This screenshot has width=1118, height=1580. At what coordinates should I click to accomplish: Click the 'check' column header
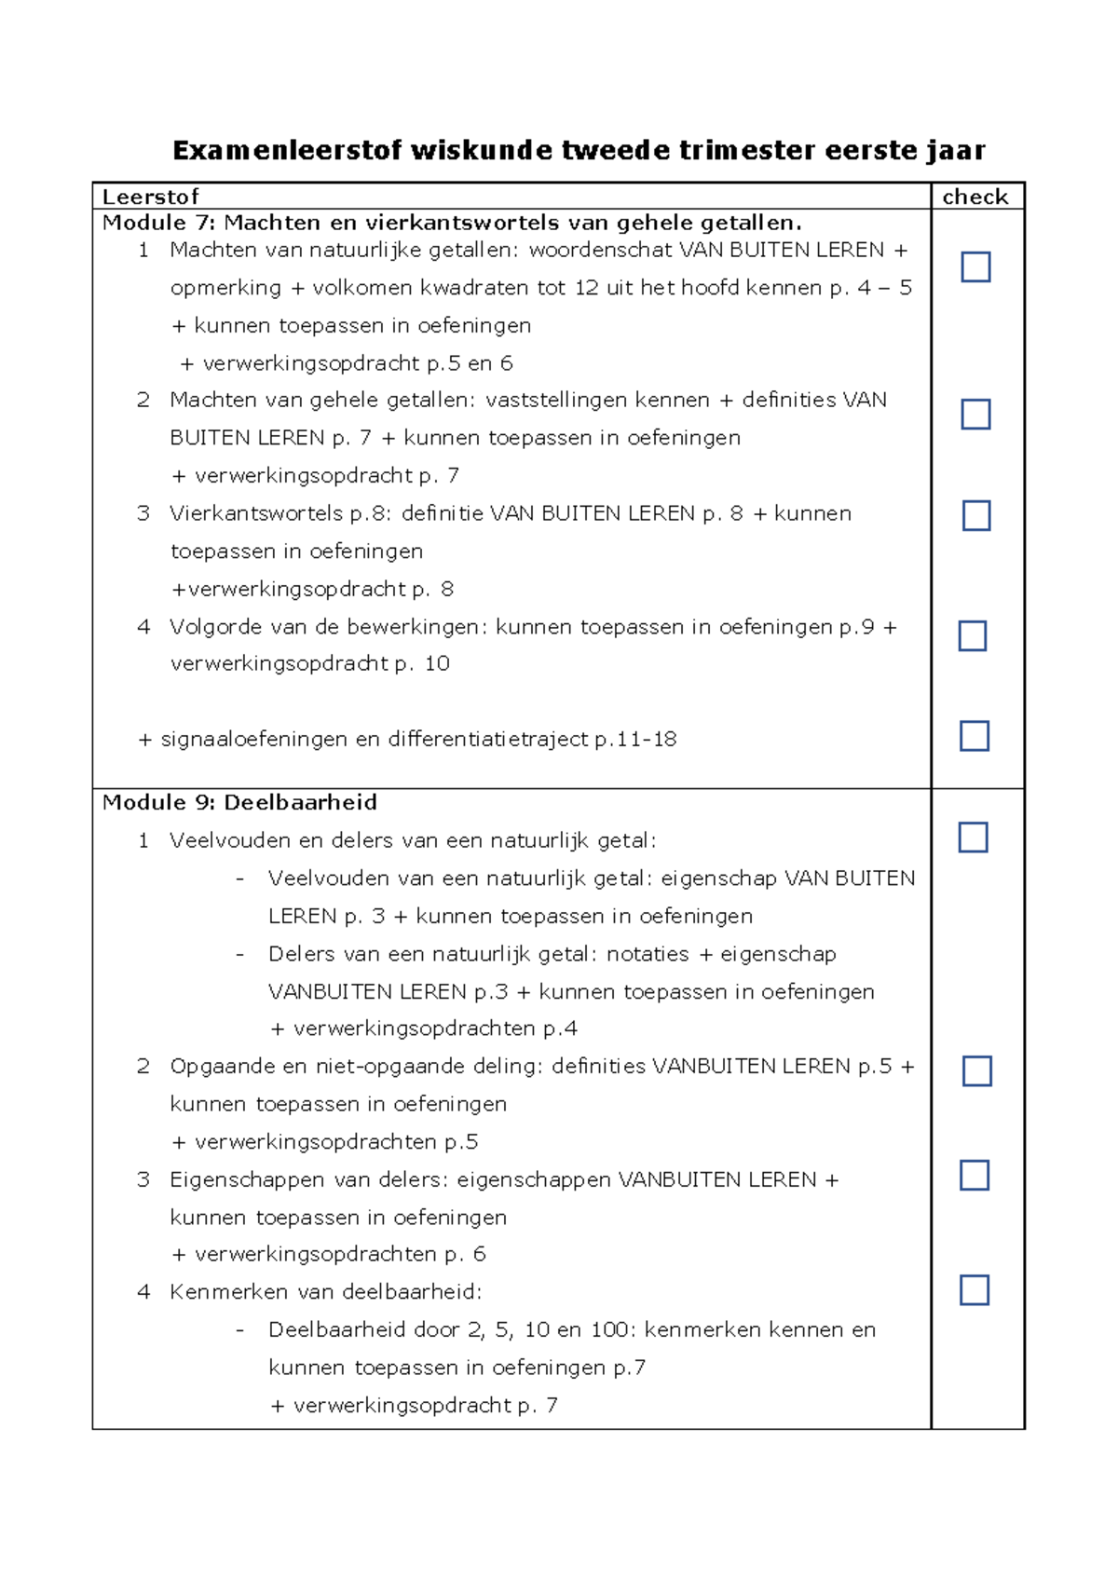(975, 197)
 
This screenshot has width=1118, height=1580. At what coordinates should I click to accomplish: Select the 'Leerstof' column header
(150, 197)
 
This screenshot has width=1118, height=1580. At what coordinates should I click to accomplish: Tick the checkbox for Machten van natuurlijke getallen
(975, 267)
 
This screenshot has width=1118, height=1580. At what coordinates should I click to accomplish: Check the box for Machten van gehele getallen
(975, 415)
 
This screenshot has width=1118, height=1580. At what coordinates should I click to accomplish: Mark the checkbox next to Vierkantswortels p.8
(975, 516)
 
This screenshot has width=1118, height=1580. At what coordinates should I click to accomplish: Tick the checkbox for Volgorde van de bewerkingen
(973, 636)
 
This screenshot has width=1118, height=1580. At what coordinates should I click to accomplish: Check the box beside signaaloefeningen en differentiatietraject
(974, 736)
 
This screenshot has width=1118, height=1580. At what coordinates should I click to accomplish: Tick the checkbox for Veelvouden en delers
(973, 838)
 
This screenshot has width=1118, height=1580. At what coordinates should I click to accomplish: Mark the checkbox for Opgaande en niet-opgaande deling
(976, 1071)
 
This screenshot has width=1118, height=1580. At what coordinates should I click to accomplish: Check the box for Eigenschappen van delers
(975, 1176)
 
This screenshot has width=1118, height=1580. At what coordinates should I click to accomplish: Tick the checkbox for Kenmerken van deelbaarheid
(975, 1290)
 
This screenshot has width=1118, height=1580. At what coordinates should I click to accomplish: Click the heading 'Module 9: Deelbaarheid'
(239, 803)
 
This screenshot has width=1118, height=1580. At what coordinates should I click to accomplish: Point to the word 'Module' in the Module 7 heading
(143, 223)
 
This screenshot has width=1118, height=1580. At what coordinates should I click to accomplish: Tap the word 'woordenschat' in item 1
(600, 251)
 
